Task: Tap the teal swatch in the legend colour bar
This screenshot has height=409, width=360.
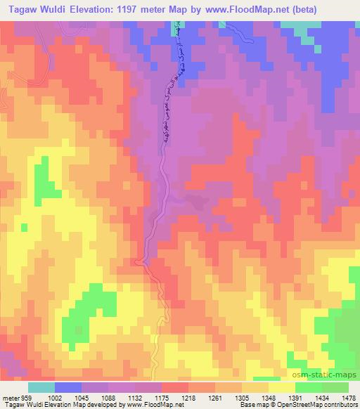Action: pyautogui.click(x=41, y=388)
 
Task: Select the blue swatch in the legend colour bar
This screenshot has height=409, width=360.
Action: pyautogui.click(x=68, y=388)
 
